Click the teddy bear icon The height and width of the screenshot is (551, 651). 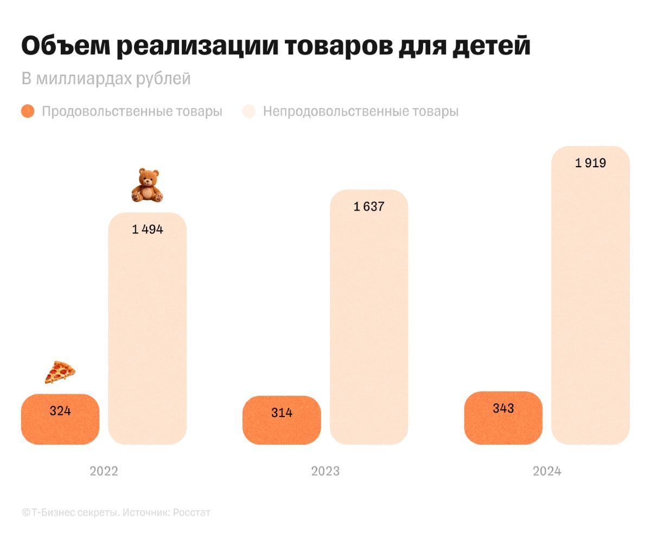click(x=148, y=186)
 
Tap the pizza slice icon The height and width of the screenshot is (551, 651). click(x=60, y=372)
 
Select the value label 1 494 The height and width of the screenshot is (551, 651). click(x=148, y=229)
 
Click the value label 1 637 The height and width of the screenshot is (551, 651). click(x=369, y=206)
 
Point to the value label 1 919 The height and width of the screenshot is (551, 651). click(x=590, y=163)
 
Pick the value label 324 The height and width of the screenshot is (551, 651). click(x=60, y=411)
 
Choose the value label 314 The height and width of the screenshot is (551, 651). click(x=282, y=413)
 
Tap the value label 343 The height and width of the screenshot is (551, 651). click(x=503, y=408)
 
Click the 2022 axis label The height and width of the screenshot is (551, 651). click(x=104, y=471)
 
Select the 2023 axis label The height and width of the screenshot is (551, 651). click(x=325, y=471)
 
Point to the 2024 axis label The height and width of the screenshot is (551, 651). click(x=547, y=471)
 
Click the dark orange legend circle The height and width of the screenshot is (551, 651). click(x=28, y=111)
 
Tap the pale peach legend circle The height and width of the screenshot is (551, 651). click(x=249, y=111)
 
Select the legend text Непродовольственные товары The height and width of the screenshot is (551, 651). click(x=361, y=111)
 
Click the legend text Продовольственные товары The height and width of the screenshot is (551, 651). click(x=132, y=111)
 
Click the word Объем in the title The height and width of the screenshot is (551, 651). click(x=64, y=47)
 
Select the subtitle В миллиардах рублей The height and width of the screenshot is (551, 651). click(x=106, y=79)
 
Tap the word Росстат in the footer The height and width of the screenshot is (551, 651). click(x=192, y=512)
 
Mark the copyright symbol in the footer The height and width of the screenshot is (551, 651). click(x=25, y=512)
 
